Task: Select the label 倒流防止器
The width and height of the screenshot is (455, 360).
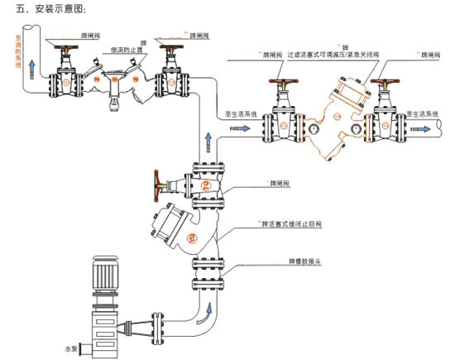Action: (127, 50)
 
